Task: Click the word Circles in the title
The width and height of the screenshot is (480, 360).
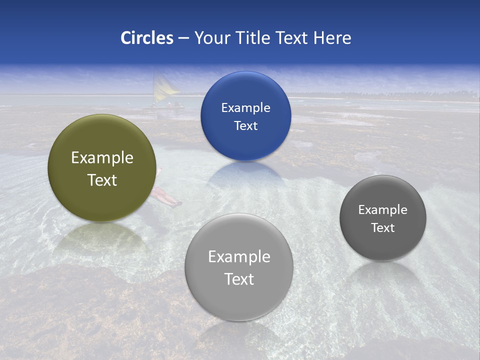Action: coord(146,38)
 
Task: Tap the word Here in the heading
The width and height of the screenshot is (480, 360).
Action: coord(332,38)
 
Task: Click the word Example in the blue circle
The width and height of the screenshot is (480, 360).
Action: coord(245,108)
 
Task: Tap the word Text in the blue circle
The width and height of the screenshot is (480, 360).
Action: coord(245,125)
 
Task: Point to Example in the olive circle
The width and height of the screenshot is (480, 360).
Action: coord(102,158)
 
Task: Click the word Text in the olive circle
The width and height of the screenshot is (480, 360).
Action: coord(102,180)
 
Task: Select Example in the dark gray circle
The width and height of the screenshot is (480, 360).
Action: coord(383,210)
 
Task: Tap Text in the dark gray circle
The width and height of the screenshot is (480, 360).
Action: coord(383,228)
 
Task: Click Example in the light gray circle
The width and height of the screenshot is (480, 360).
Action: coord(239,257)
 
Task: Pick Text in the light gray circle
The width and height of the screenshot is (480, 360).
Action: coord(239,279)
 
